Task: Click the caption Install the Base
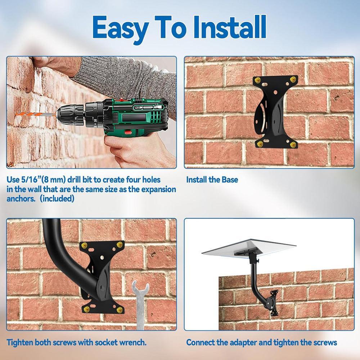tap(212, 180)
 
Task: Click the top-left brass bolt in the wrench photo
tap(84, 245)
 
